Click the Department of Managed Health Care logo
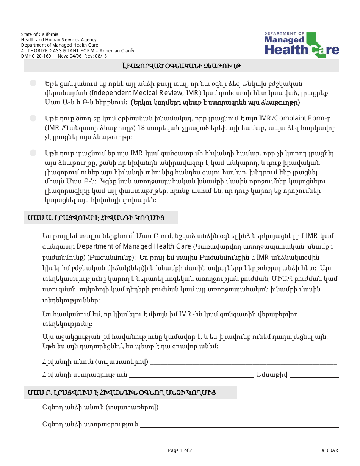coord(302,45)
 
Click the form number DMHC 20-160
coord(36,56)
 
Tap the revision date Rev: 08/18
coord(98,56)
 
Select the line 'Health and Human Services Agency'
coord(59,40)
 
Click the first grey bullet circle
coord(33,83)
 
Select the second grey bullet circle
coord(33,118)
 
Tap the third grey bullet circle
coord(33,153)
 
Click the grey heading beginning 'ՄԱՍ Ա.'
coord(101,218)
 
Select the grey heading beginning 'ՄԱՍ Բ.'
coord(130,392)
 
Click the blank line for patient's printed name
coord(243,363)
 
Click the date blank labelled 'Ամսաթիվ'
coord(314,375)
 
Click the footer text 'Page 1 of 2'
coord(180,450)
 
